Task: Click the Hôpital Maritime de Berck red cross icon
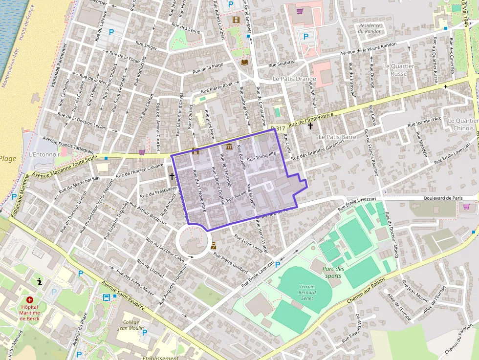coord(30,299)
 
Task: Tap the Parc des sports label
coord(333,272)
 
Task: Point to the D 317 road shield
coord(278,128)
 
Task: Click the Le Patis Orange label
coord(294,79)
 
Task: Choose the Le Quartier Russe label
coord(398,70)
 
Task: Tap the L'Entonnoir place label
coord(44,154)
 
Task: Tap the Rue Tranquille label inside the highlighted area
coord(262,156)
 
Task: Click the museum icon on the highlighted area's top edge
coord(229,147)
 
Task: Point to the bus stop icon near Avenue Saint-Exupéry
coord(106,297)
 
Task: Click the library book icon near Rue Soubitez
coord(245,63)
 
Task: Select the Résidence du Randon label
coord(370,28)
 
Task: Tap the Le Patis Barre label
coord(337,137)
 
